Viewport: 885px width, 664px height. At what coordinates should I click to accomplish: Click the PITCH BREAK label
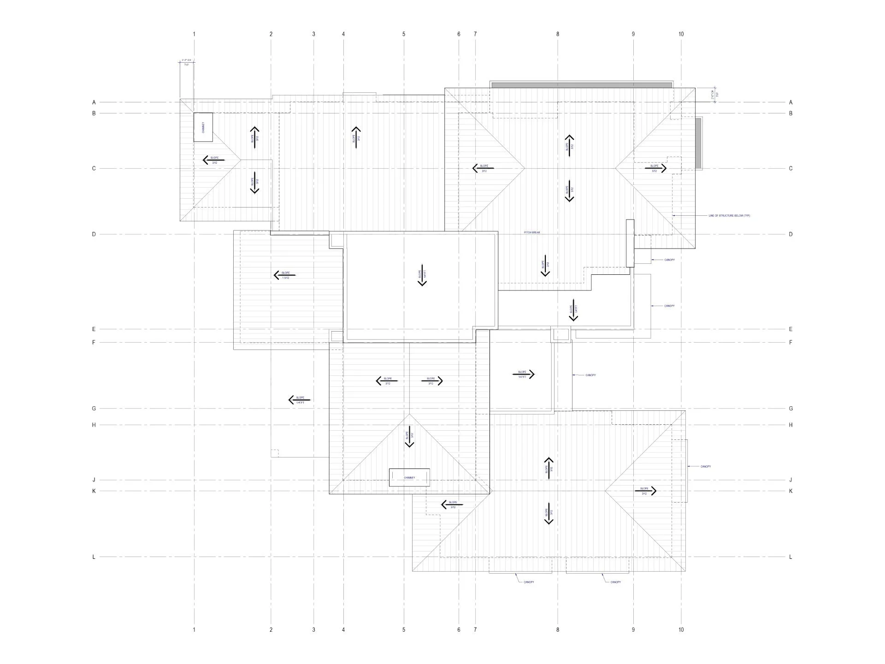click(531, 232)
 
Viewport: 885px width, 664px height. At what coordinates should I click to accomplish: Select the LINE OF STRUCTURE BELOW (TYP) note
click(729, 216)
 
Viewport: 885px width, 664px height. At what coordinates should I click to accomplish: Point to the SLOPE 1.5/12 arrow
click(284, 275)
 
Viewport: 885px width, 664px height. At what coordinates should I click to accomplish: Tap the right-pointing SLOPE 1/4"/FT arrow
click(523, 374)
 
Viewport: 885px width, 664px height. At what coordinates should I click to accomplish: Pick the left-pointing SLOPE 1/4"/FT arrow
click(300, 400)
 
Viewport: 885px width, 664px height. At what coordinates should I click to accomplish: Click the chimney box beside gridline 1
click(203, 127)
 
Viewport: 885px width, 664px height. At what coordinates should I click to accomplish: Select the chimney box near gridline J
click(409, 478)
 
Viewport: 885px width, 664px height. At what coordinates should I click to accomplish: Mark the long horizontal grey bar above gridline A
click(581, 85)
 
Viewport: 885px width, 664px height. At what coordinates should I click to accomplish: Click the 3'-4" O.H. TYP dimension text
click(187, 63)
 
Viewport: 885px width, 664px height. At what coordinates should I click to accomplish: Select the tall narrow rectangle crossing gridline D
click(630, 243)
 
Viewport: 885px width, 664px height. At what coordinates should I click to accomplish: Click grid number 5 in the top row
click(404, 34)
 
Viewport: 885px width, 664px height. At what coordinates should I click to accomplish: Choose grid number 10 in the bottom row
click(681, 630)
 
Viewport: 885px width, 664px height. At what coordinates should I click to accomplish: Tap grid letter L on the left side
click(94, 557)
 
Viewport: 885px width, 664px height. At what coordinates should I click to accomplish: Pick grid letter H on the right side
click(791, 425)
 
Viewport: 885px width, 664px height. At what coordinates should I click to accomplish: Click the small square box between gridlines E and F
click(561, 334)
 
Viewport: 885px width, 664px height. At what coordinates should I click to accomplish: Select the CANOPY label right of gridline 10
click(705, 467)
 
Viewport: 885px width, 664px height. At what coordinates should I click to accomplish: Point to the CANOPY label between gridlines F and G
click(590, 375)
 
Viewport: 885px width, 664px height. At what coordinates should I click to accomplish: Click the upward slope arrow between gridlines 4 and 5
click(356, 137)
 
